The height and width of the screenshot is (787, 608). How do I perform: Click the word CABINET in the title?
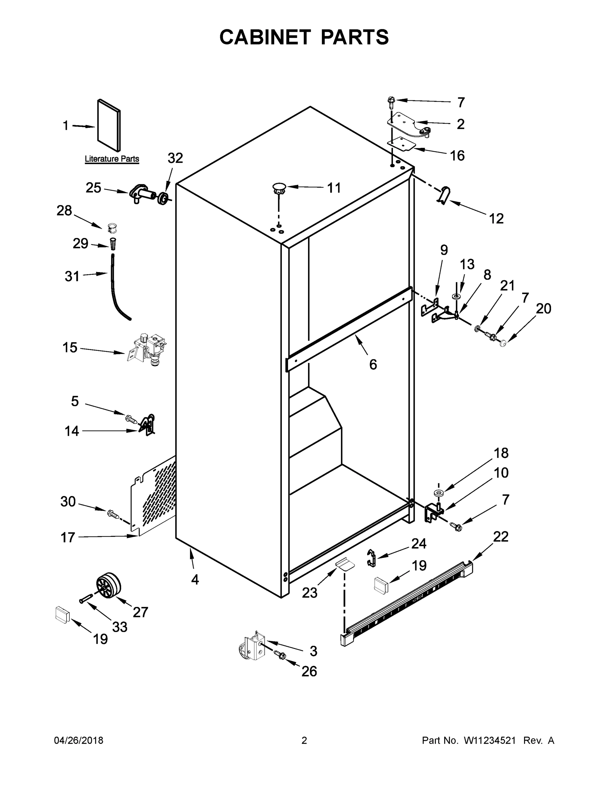click(265, 37)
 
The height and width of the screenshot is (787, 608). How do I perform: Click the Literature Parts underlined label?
click(112, 159)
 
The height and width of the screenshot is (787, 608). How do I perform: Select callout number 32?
click(175, 158)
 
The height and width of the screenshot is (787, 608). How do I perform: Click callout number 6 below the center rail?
click(373, 365)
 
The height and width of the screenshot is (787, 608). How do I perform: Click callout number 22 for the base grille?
click(501, 537)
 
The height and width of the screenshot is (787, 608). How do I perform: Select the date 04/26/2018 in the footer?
click(79, 740)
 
